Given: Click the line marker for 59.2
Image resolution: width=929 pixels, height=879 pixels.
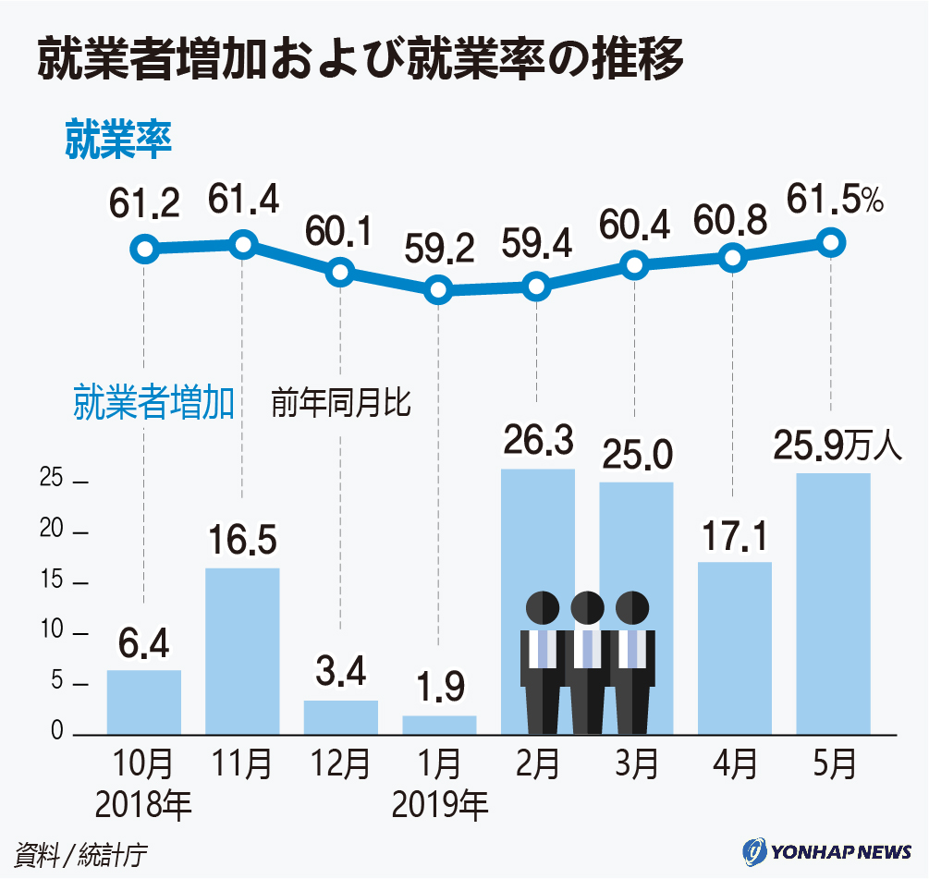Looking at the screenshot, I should [439, 291].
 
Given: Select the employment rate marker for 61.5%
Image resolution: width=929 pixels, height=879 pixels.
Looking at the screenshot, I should [831, 243].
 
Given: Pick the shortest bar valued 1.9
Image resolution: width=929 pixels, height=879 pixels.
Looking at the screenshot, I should [439, 725].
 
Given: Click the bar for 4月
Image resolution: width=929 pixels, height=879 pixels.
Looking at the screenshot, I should [734, 647].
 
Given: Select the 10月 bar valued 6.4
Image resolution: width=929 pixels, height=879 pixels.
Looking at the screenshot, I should [144, 702].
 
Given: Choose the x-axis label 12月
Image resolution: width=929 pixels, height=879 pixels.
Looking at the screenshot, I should [340, 765].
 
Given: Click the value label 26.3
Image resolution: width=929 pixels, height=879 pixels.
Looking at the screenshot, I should [537, 440].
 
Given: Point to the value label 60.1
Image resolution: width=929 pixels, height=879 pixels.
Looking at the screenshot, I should [341, 232].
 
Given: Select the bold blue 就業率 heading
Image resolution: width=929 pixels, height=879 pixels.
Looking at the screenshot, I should [118, 140].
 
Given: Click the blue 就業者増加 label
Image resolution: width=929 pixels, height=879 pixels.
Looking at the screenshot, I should [153, 404].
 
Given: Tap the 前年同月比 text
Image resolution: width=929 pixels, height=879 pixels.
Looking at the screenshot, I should [340, 404].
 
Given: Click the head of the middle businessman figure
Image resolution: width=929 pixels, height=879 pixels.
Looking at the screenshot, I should [587, 607].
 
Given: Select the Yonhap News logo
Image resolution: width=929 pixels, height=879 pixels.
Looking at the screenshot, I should [826, 850].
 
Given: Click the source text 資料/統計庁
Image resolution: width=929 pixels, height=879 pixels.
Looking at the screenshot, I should [81, 852].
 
